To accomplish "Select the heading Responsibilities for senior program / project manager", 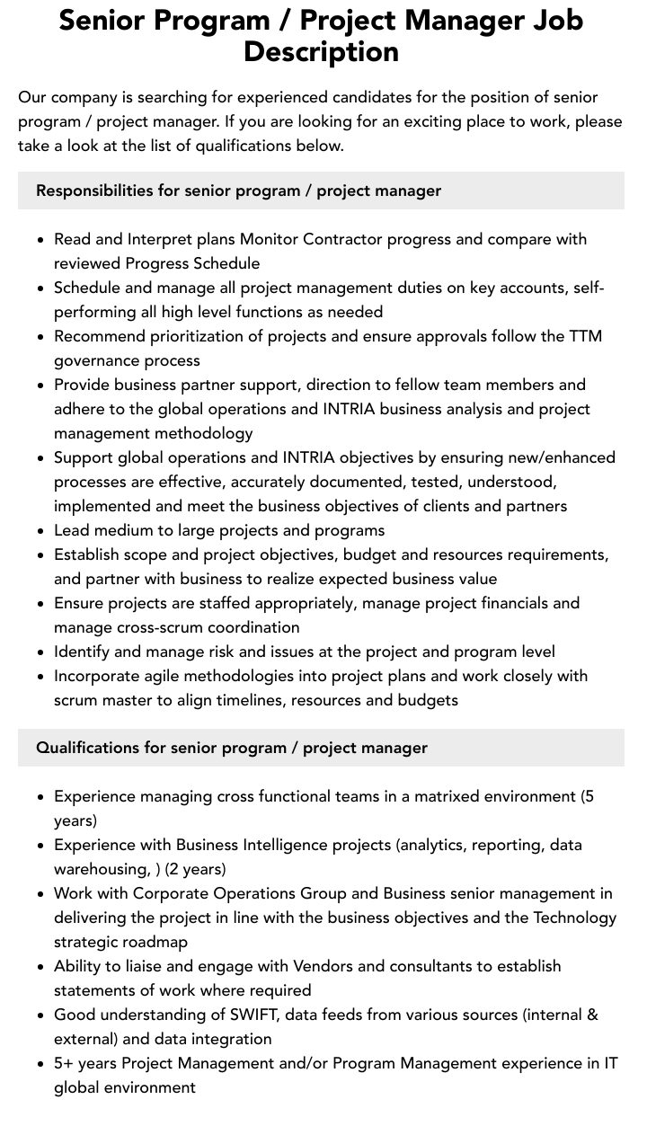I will pyautogui.click(x=238, y=191).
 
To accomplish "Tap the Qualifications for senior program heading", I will pyautogui.click(x=231, y=748).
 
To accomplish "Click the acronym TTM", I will pyautogui.click(x=585, y=336).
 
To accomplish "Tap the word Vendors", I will pyautogui.click(x=324, y=966).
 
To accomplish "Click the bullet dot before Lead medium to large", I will pyautogui.click(x=41, y=531).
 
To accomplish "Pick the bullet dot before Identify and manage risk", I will pyautogui.click(x=41, y=652).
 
